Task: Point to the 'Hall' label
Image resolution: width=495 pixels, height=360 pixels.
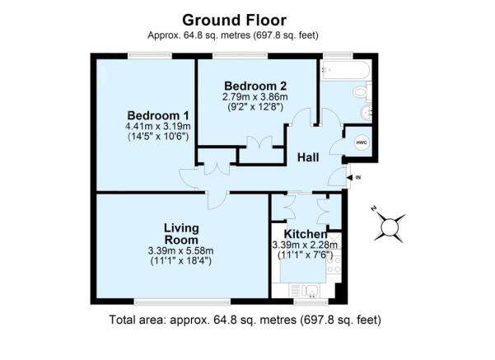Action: [308, 156]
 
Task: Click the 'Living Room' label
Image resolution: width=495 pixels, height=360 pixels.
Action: [182, 233]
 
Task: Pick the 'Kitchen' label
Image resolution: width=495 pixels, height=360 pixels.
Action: [305, 234]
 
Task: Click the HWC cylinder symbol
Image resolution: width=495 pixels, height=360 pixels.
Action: [361, 141]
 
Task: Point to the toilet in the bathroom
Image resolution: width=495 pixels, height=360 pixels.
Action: [361, 95]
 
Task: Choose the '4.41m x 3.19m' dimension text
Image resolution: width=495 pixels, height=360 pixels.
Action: [158, 126]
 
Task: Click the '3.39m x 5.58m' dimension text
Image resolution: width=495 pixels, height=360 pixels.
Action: [182, 251]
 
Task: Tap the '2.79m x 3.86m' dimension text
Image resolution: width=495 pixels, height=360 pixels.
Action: [255, 96]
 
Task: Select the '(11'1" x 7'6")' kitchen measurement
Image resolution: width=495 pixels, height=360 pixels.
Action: [305, 255]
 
